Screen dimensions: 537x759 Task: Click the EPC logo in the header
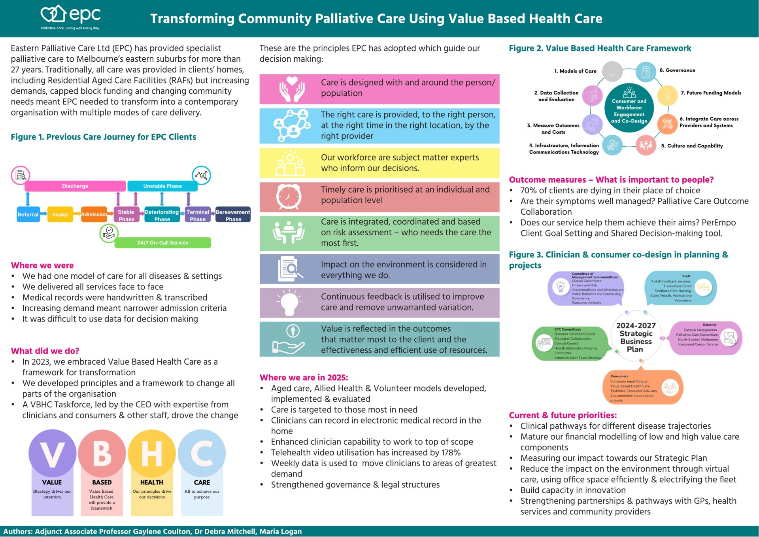[x=71, y=17]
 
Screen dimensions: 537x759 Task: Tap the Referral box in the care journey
[x=28, y=215]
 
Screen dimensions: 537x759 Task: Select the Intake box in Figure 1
[x=60, y=215]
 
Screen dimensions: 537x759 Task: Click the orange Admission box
[x=94, y=215]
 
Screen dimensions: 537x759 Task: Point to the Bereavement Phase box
[x=233, y=215]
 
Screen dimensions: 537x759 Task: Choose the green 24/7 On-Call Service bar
[x=162, y=243]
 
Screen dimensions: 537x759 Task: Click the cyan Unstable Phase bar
[x=162, y=186]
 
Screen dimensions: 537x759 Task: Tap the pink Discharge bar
[x=75, y=186]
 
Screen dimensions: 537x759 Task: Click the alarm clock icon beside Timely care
[x=289, y=196]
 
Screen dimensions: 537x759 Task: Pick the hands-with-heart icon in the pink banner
[x=292, y=89]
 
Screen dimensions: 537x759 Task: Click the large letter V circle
[x=52, y=454]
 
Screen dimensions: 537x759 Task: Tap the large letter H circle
[x=152, y=454]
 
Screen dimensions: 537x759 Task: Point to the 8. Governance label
[x=677, y=70]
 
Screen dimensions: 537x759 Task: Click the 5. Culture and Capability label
[x=692, y=146]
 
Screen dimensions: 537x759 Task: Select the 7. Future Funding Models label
[x=711, y=93]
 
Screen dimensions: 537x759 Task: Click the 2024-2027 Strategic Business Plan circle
[x=636, y=337]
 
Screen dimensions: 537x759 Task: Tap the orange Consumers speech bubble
[x=642, y=388]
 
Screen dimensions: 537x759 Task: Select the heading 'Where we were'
[x=42, y=265]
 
